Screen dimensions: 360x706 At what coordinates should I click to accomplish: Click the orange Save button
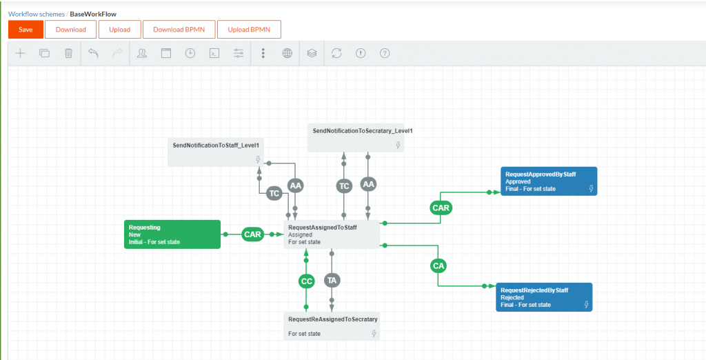[26, 30]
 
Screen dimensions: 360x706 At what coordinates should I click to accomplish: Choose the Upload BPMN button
[249, 30]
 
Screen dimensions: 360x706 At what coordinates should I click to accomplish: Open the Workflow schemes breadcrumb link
[36, 14]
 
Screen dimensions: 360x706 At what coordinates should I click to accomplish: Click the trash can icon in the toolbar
[68, 53]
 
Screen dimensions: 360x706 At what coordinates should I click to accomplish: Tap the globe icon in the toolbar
[288, 53]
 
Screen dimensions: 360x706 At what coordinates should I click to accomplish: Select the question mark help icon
[385, 53]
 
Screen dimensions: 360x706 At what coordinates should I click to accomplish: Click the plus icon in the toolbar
[20, 53]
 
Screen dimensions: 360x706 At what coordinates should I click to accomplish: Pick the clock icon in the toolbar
[190, 53]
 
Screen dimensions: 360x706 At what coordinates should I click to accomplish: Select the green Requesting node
[172, 234]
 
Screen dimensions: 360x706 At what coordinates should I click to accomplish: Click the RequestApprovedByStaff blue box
[548, 181]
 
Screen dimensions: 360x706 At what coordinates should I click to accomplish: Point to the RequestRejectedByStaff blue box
[545, 297]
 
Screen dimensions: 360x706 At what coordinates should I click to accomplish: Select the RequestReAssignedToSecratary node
[332, 326]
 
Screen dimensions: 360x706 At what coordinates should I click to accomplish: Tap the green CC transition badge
[307, 281]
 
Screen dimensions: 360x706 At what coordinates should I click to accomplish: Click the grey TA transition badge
[332, 281]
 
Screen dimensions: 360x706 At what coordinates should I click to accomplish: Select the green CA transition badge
[438, 266]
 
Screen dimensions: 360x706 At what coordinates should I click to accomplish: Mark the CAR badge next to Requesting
[252, 234]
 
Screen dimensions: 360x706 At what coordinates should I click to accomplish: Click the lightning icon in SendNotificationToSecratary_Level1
[398, 145]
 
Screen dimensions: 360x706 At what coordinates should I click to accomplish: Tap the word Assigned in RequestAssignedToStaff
[301, 234]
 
